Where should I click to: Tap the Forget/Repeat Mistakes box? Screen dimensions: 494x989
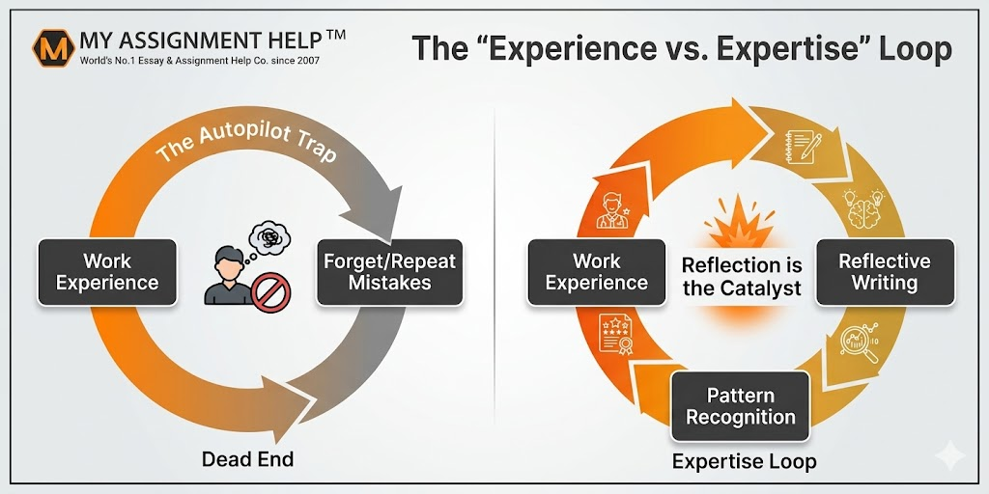pyautogui.click(x=389, y=272)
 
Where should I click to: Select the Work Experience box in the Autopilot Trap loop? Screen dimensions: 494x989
pyautogui.click(x=107, y=272)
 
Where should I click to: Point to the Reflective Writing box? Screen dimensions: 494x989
pyautogui.click(x=884, y=272)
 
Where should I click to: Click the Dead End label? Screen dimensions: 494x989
pyautogui.click(x=247, y=458)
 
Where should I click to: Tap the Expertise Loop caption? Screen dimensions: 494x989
pyautogui.click(x=744, y=461)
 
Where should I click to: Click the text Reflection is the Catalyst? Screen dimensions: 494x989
pyautogui.click(x=742, y=276)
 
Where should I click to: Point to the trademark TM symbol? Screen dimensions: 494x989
pyautogui.click(x=335, y=36)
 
